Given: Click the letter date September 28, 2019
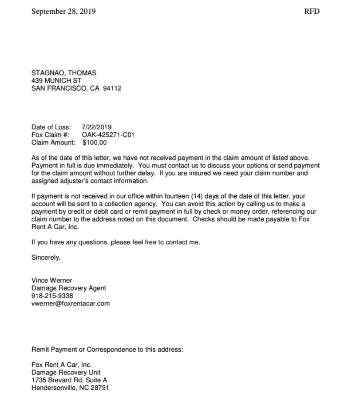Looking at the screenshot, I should (63, 11).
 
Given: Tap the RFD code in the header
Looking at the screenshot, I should (312, 11).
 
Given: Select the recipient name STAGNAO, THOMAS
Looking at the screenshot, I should (64, 73).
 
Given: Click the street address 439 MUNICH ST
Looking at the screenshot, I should (56, 81).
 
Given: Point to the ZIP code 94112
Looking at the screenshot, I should (112, 88).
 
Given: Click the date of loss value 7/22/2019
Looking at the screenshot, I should (97, 127).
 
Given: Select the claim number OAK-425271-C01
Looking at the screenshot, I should (108, 135).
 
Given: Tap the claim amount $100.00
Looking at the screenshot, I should (95, 143).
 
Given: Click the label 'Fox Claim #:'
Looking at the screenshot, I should (50, 135).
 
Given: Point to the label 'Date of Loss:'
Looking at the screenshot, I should (51, 127).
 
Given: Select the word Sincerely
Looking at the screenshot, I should (46, 257).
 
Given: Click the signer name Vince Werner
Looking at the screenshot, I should (51, 280).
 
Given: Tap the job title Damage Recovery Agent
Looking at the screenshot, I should (69, 288).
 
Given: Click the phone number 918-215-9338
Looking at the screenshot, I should (52, 296).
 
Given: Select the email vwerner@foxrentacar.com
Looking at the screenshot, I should (71, 303).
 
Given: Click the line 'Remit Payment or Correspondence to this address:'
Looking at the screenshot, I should (107, 349).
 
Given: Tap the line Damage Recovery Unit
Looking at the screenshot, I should (66, 372).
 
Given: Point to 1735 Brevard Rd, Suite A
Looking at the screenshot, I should (69, 380).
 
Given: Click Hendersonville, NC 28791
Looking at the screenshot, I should (69, 388).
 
